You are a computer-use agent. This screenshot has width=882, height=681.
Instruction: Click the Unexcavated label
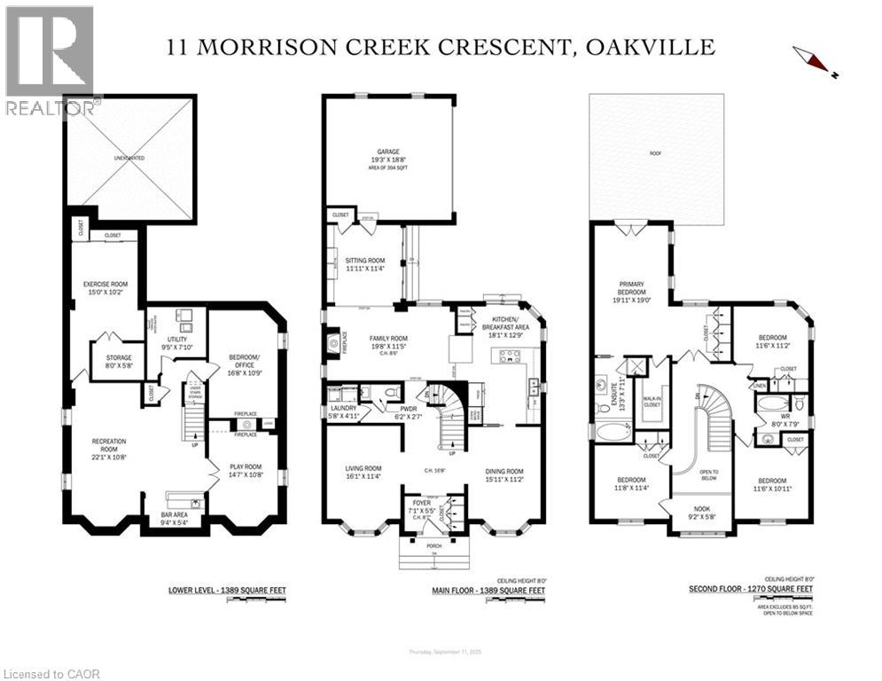(x=129, y=158)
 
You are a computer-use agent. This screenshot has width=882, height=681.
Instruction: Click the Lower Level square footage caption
(x=227, y=589)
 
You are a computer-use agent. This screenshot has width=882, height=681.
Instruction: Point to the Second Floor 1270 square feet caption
(x=752, y=588)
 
